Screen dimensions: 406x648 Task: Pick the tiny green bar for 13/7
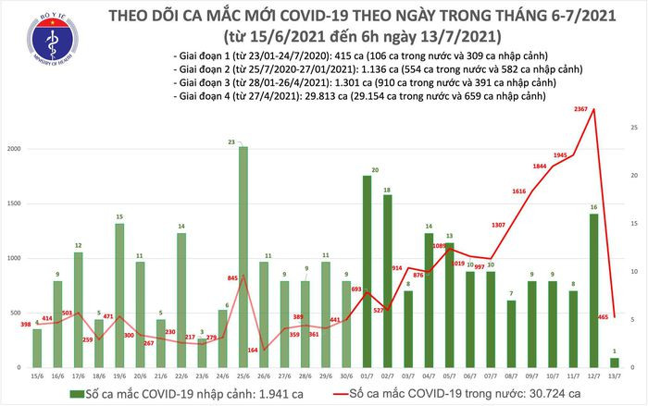[615, 361]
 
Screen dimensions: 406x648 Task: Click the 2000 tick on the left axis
[17, 149]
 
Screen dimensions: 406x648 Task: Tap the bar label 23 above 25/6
[241, 141]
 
